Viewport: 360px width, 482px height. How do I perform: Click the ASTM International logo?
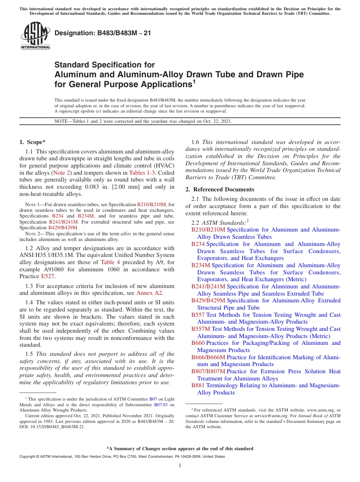(35, 36)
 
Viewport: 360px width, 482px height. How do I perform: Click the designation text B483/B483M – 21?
(103, 33)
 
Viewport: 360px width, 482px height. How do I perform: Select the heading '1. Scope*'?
(32, 142)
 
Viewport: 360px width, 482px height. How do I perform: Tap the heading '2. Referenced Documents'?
(220, 189)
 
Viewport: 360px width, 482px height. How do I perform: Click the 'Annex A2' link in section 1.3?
(150, 293)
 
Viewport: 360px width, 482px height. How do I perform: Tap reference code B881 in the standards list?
(198, 385)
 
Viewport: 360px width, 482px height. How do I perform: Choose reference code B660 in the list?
(198, 343)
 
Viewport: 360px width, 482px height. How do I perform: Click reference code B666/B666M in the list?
(208, 357)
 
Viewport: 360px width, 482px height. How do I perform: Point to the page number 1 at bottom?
(180, 466)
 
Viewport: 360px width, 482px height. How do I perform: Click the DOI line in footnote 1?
(52, 427)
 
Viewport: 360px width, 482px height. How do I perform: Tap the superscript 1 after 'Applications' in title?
(194, 81)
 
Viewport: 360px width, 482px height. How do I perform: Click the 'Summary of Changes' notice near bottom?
(180, 449)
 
